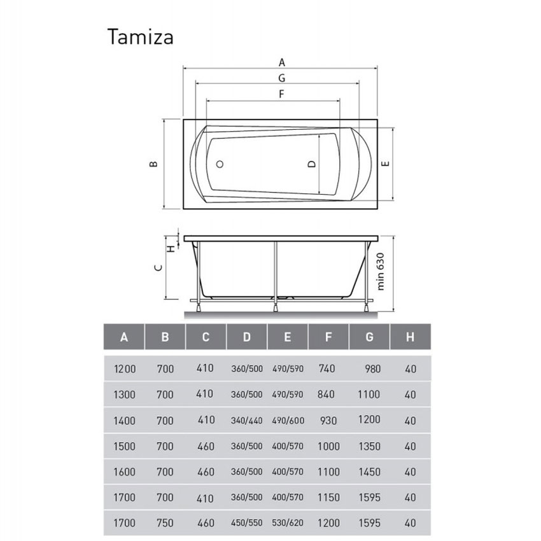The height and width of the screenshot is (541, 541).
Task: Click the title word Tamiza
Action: click(x=140, y=36)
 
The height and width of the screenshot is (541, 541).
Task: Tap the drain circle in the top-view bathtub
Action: click(x=220, y=164)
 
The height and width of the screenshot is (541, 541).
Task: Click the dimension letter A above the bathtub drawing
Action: click(x=281, y=62)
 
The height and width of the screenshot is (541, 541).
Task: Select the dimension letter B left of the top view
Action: click(x=153, y=164)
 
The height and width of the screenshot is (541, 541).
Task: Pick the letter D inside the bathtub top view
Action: click(x=311, y=164)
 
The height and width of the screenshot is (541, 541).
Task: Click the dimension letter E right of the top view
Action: click(x=384, y=164)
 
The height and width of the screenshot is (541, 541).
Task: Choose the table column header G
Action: click(x=369, y=337)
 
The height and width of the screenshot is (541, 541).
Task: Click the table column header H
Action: click(x=410, y=337)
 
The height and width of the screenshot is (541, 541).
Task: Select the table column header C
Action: click(x=206, y=337)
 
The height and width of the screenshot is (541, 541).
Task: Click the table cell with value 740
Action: click(x=326, y=369)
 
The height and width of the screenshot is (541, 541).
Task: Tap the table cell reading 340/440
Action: click(x=246, y=421)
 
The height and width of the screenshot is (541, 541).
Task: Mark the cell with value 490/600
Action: click(x=287, y=421)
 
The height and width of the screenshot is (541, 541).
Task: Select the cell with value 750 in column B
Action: click(x=164, y=523)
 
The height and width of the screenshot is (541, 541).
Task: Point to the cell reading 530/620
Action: click(x=287, y=524)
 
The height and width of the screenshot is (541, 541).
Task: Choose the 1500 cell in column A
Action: click(x=123, y=446)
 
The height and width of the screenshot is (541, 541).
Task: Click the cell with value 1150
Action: click(x=328, y=498)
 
